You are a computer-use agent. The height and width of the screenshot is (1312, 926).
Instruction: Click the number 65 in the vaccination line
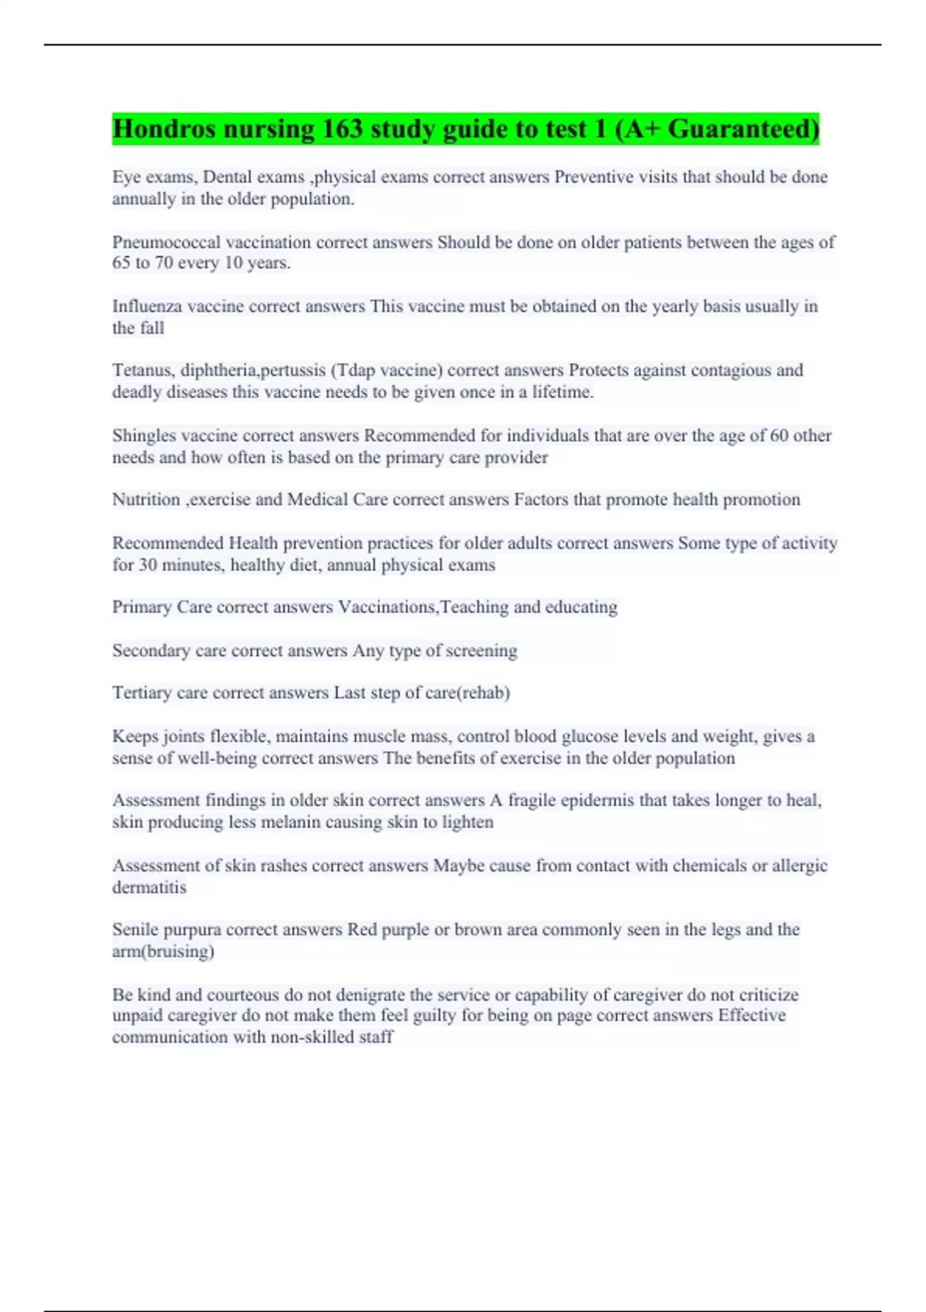coord(122,263)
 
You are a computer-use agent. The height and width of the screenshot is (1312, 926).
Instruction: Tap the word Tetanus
coord(141,370)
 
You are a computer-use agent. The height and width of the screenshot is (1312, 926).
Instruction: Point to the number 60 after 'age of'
coord(779,436)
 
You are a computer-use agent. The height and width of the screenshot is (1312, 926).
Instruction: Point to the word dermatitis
coord(149,888)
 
